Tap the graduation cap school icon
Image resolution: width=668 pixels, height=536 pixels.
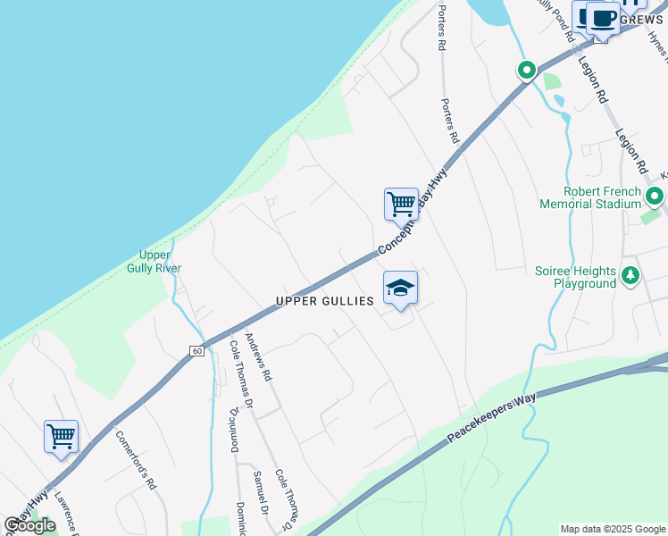[x=401, y=288]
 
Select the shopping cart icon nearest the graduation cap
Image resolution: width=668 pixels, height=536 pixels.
[x=401, y=205]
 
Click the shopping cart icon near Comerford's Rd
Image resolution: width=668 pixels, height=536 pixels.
[x=61, y=437]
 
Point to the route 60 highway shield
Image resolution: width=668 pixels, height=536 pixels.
[x=196, y=352]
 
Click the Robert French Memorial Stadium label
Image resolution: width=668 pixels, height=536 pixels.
[x=590, y=197]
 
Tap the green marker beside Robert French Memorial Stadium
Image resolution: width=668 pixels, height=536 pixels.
[x=655, y=197]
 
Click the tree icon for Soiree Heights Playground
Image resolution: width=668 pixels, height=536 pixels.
[x=631, y=273]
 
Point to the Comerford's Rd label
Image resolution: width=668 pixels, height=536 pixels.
[x=136, y=460]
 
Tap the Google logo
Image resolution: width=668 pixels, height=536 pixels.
[x=29, y=525]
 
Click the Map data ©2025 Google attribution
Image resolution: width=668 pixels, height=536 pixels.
[x=613, y=529]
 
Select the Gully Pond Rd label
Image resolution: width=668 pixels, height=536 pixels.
[x=554, y=20]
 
